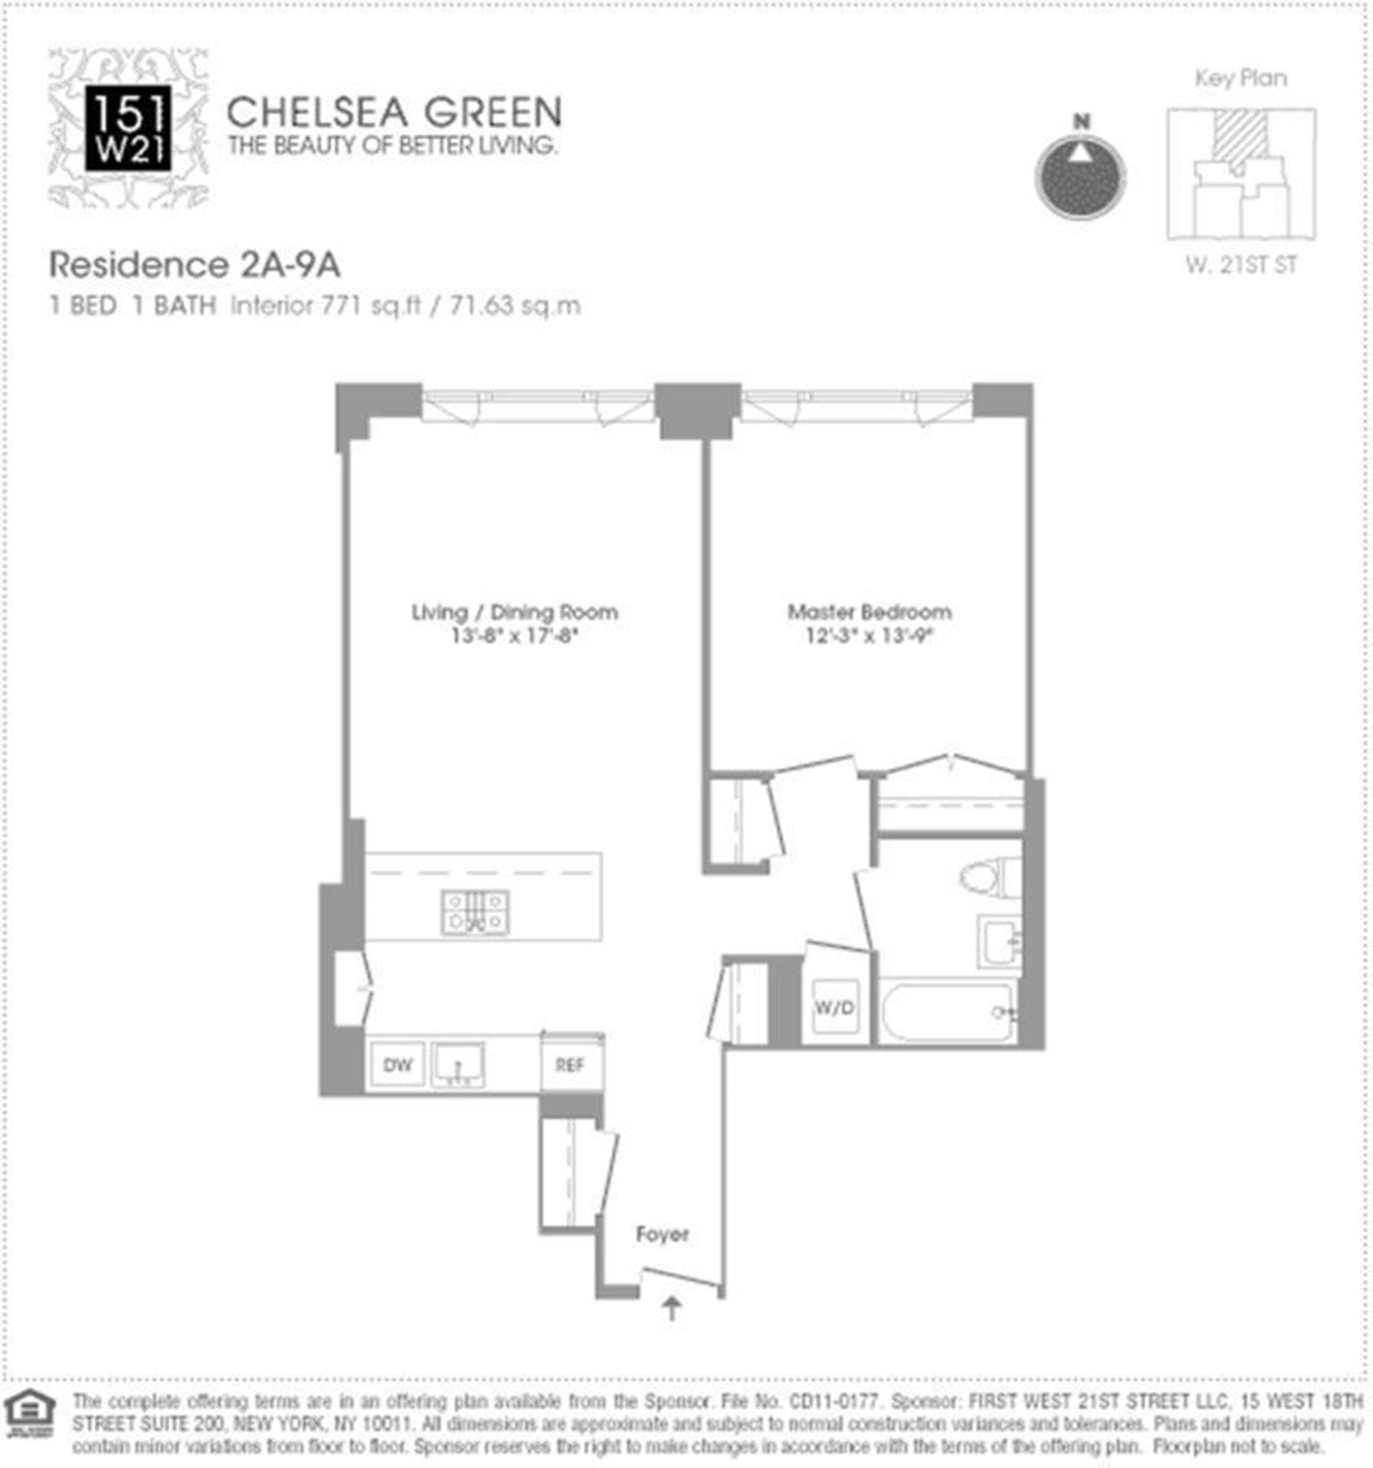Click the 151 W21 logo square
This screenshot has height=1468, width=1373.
pos(128,128)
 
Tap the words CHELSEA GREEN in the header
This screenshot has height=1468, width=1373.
pos(393,113)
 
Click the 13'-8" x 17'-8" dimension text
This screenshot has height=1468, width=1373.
pos(514,635)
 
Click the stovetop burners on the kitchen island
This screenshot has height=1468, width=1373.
pos(474,912)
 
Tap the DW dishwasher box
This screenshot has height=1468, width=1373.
pos(397,1064)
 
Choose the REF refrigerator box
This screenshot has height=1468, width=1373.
pos(569,1064)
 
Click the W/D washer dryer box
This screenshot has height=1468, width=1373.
pos(835,1007)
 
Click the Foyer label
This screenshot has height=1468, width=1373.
pos(662,1234)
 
